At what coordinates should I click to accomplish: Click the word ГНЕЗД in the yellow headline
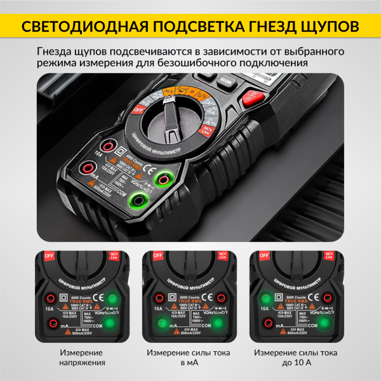tap(269, 26)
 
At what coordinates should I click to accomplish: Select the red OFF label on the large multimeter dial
tap(138, 109)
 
